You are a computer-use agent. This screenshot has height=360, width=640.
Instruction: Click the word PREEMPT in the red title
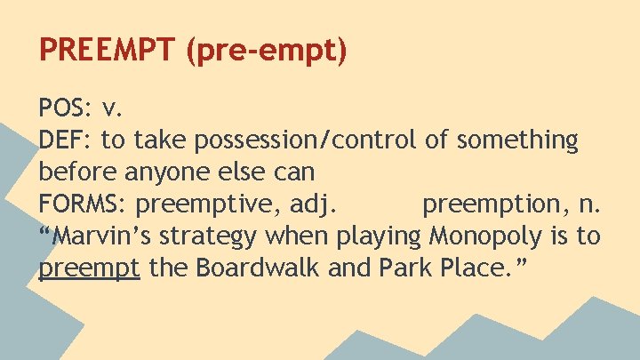108,50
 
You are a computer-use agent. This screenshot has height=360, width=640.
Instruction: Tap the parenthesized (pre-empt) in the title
267,51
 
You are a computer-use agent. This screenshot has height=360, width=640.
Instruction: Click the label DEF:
66,140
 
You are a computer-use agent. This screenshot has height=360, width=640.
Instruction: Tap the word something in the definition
515,140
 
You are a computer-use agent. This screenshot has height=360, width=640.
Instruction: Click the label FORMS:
84,204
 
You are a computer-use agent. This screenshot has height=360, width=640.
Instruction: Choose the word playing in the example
379,237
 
